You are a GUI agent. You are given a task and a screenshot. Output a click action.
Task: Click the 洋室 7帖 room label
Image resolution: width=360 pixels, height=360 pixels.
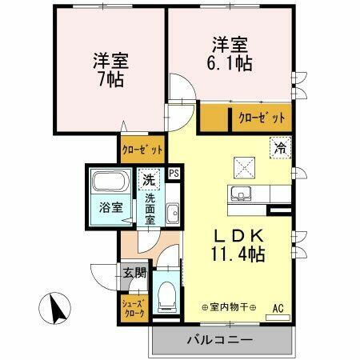pyautogui.click(x=110, y=70)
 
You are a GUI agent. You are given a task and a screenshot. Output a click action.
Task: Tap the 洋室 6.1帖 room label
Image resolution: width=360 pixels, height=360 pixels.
pyautogui.click(x=231, y=52)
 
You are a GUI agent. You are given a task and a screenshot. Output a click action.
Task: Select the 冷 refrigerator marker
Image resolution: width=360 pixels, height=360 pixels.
pyautogui.click(x=280, y=147)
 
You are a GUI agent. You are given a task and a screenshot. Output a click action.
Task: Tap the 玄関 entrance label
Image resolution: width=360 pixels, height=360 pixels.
pyautogui.click(x=134, y=273)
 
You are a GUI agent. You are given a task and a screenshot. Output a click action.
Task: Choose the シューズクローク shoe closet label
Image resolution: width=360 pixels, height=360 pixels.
pyautogui.click(x=134, y=308)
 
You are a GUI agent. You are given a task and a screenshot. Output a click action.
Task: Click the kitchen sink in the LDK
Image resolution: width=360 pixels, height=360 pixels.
pyautogui.click(x=241, y=194)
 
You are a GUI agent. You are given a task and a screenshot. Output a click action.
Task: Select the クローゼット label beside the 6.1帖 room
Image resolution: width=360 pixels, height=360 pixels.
pyautogui.click(x=262, y=118)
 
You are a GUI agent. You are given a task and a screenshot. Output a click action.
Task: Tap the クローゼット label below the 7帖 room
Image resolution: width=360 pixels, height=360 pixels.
pyautogui.click(x=143, y=149)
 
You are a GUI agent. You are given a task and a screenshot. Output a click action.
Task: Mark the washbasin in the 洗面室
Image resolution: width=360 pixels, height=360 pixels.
pyautogui.click(x=173, y=212)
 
